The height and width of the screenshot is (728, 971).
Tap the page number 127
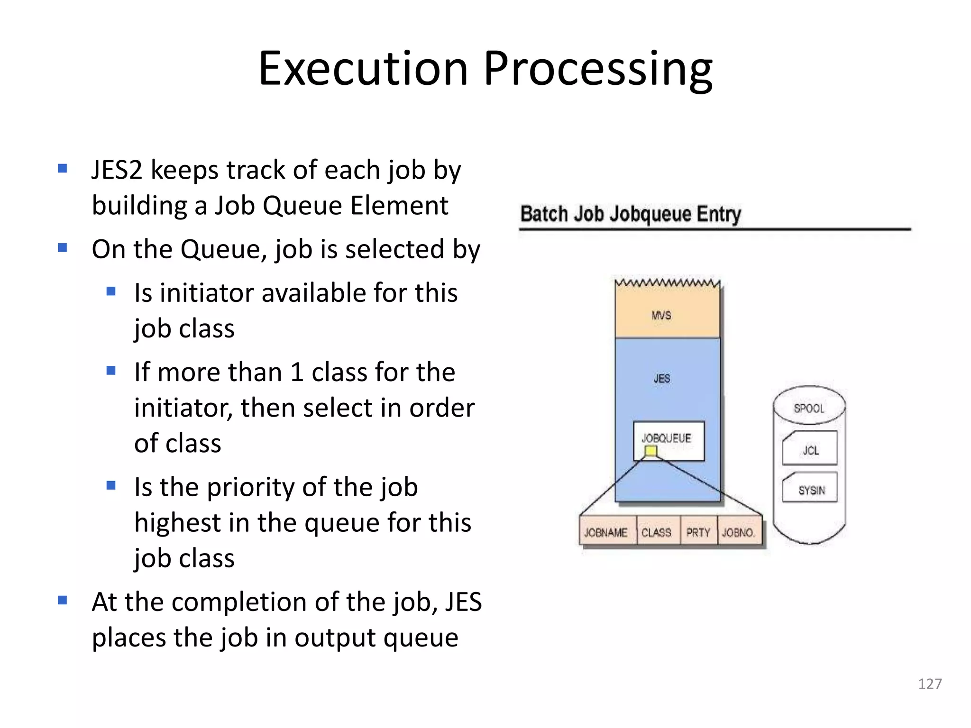click(930, 683)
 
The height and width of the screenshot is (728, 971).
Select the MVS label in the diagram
click(661, 315)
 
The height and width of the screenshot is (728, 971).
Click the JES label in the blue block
click(662, 378)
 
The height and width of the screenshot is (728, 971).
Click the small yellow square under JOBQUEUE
click(650, 451)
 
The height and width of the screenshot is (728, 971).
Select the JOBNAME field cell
click(606, 533)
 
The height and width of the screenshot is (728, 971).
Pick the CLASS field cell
click(657, 533)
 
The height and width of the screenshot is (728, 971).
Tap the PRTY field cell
click(698, 533)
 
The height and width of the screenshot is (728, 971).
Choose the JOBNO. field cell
click(739, 533)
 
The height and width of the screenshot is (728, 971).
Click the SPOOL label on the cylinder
click(809, 408)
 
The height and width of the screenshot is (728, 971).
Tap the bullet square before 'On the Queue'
click(62, 247)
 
